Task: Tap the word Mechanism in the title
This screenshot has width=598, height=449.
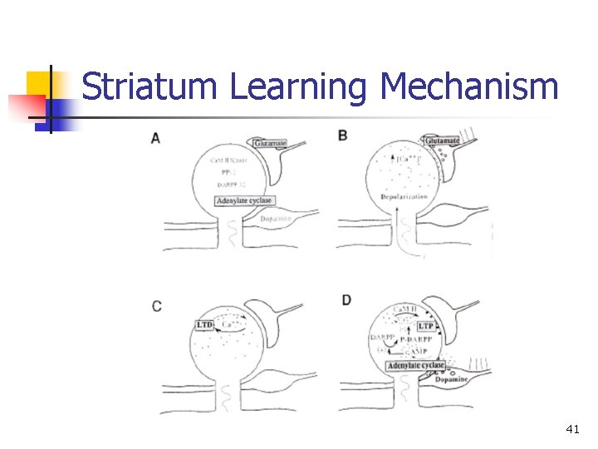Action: click(x=469, y=86)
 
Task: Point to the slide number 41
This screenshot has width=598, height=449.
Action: click(x=572, y=429)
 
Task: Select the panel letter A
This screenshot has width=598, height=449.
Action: click(x=156, y=138)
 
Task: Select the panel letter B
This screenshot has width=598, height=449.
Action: click(x=343, y=135)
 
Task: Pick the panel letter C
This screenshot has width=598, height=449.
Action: click(x=157, y=306)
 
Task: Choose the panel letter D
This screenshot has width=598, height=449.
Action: click(x=346, y=300)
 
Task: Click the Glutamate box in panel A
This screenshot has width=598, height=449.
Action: click(x=271, y=144)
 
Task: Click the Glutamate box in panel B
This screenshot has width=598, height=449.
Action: click(x=442, y=141)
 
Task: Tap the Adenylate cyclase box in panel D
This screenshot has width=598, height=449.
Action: click(x=415, y=366)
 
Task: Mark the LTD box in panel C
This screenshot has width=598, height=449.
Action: click(x=206, y=323)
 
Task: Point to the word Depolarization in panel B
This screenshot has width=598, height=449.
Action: click(x=403, y=196)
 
